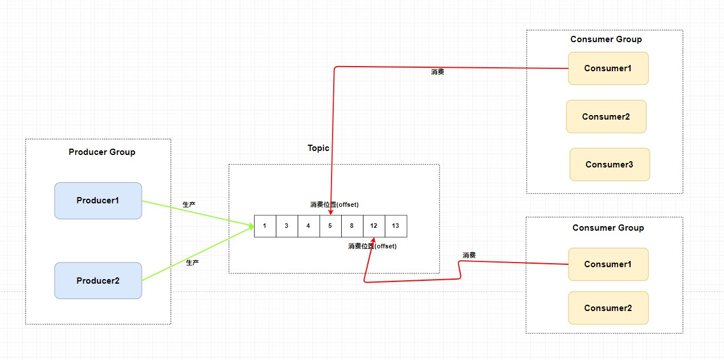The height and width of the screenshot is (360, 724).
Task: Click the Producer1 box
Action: click(x=98, y=201)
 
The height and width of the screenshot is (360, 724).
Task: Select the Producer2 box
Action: click(x=98, y=280)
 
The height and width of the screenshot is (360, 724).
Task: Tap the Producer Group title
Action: click(x=102, y=152)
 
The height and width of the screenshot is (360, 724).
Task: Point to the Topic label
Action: click(x=318, y=148)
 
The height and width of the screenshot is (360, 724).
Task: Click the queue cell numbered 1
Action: click(x=265, y=226)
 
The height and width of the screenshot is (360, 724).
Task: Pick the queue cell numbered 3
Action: click(x=287, y=226)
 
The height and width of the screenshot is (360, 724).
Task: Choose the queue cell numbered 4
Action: click(x=308, y=226)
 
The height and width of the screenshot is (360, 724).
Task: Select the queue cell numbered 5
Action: click(x=330, y=226)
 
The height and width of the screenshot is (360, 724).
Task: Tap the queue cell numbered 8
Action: click(x=352, y=226)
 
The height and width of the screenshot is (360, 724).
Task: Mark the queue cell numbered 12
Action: click(x=374, y=226)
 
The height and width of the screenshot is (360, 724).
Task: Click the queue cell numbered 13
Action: click(x=396, y=226)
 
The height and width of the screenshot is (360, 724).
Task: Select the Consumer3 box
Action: click(x=610, y=165)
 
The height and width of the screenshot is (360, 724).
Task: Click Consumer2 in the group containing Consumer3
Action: click(x=606, y=117)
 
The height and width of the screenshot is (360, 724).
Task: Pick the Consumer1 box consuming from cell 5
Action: click(x=608, y=68)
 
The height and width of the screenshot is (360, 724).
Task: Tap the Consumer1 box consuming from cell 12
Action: click(x=608, y=264)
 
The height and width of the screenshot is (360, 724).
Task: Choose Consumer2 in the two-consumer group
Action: click(x=608, y=308)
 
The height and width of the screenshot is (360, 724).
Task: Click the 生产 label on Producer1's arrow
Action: click(x=189, y=204)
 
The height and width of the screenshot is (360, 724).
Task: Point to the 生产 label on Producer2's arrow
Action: click(x=193, y=263)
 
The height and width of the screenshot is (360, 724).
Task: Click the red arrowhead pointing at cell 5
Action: click(x=330, y=212)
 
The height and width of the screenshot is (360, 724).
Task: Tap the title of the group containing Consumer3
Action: click(x=606, y=39)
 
